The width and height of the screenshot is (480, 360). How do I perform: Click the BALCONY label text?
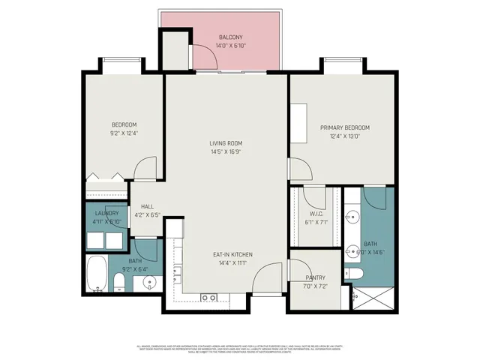[230, 37]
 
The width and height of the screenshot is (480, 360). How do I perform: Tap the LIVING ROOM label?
[225, 142]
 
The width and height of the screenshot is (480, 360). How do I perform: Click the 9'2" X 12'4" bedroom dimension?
[124, 133]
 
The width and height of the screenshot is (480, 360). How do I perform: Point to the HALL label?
[147, 206]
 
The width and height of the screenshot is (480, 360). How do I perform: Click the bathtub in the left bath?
[97, 274]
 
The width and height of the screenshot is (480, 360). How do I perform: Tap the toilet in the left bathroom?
[118, 283]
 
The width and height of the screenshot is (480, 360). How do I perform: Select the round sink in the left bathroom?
[149, 283]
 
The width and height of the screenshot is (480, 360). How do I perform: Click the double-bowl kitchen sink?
[208, 298]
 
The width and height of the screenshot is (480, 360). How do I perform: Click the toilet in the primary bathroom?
[355, 273]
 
